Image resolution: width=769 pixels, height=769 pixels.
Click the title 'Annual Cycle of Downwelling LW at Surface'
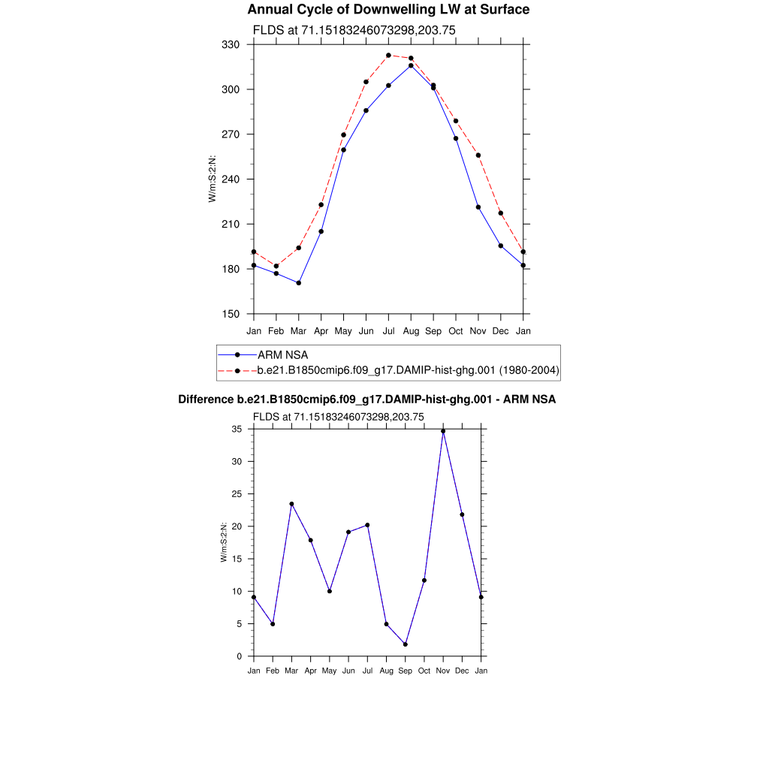388,10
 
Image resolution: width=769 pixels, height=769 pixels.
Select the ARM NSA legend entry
282,354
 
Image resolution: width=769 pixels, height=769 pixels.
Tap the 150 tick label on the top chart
231,314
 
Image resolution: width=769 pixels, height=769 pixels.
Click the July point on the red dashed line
388,55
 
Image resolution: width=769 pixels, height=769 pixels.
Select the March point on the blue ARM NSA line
299,283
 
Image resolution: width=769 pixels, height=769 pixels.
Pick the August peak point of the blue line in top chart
411,66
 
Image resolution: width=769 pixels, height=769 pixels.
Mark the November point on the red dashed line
478,155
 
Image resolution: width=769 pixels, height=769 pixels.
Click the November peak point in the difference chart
443,431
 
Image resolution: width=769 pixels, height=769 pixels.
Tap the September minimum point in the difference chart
406,644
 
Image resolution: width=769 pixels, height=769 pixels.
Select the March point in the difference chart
291,504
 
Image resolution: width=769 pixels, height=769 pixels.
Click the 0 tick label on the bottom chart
240,656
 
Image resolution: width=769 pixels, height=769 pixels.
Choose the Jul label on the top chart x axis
388,330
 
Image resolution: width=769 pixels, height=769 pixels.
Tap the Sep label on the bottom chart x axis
406,671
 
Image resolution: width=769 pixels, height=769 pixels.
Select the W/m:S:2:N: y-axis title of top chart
213,179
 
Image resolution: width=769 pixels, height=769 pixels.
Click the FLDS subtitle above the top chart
354,30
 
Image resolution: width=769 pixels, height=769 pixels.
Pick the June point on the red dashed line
366,82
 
